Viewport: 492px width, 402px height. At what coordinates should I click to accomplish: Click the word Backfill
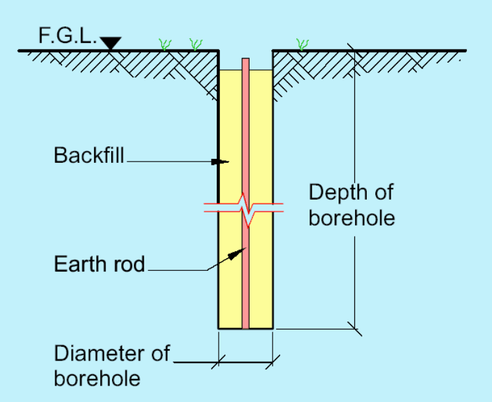coord(89,156)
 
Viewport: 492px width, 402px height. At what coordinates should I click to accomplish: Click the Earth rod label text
coord(99,264)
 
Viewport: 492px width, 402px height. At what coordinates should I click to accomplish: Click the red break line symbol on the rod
coord(245,209)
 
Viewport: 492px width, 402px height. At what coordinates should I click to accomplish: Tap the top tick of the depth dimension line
coord(354,51)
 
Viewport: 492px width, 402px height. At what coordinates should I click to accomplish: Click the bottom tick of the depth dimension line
coord(354,328)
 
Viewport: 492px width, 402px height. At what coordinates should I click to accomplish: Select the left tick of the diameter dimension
coord(219,361)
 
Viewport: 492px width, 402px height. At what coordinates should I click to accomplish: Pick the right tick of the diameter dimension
coord(273,361)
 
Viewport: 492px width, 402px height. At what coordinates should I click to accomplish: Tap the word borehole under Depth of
coord(352,218)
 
